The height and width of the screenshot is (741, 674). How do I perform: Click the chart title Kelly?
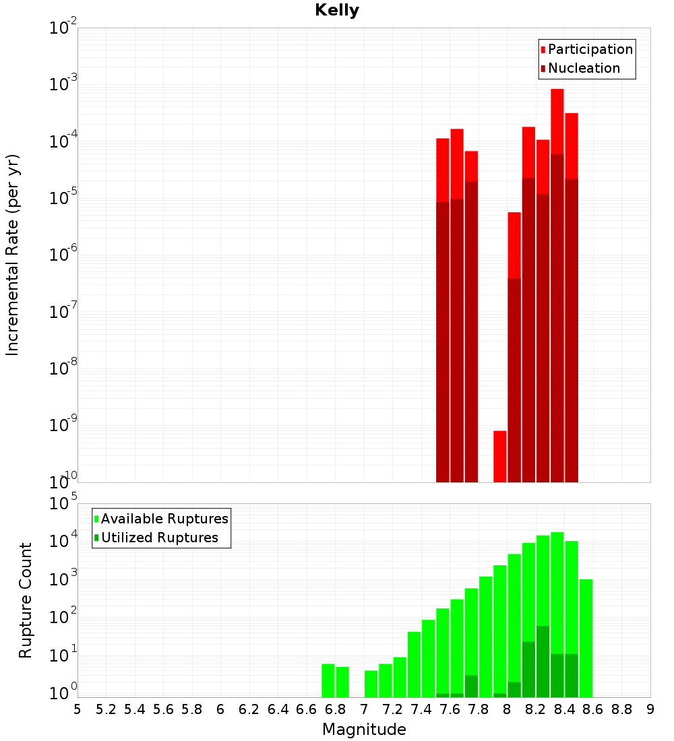tap(337, 11)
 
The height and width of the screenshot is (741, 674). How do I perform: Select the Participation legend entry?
tap(590, 49)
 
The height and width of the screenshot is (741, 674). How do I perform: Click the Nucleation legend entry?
tap(583, 68)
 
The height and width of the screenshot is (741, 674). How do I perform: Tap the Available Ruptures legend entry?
tap(164, 519)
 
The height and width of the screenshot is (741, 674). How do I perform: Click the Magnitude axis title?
tap(364, 730)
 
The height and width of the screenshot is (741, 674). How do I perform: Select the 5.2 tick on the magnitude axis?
tap(106, 709)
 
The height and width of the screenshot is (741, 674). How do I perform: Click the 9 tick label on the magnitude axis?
tap(650, 709)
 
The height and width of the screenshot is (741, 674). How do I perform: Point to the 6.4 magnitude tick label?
tap(278, 709)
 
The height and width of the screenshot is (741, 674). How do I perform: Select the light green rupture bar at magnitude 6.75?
tap(328, 680)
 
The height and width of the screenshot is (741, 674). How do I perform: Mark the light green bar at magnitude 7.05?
tap(371, 684)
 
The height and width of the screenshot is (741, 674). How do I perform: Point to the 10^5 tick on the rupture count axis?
tap(65, 504)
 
